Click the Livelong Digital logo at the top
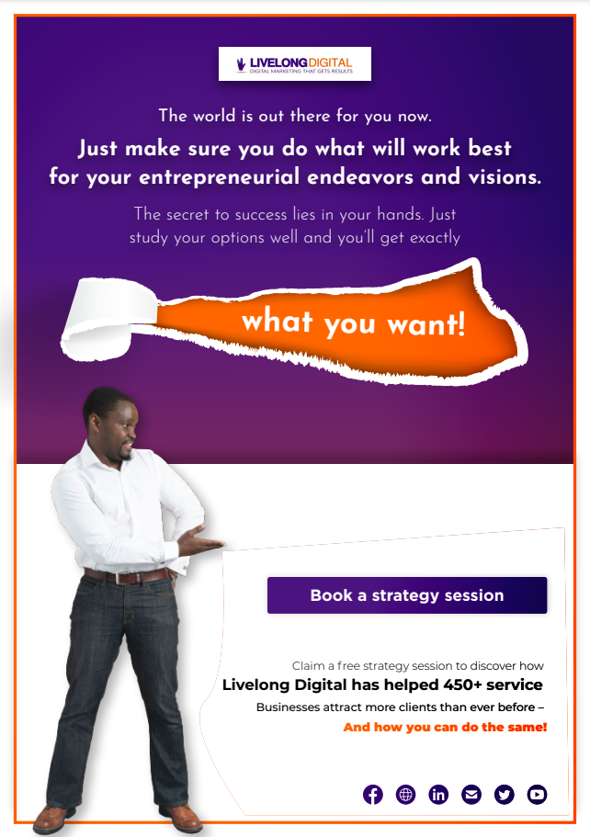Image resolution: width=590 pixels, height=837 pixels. (x=295, y=64)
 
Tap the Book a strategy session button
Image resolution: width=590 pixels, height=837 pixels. (x=407, y=595)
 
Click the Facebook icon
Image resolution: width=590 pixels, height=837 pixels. (x=373, y=795)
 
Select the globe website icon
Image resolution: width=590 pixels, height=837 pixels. (x=406, y=795)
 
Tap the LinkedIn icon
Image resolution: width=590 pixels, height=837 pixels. (x=438, y=795)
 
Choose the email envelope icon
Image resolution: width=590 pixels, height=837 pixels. (x=471, y=795)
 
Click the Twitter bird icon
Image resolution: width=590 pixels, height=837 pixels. (x=504, y=795)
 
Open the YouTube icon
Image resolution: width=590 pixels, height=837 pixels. (x=537, y=795)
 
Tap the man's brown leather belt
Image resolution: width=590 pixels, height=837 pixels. (x=127, y=576)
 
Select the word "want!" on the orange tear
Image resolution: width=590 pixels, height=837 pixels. (x=426, y=324)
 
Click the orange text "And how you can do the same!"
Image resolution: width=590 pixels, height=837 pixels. (x=446, y=727)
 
